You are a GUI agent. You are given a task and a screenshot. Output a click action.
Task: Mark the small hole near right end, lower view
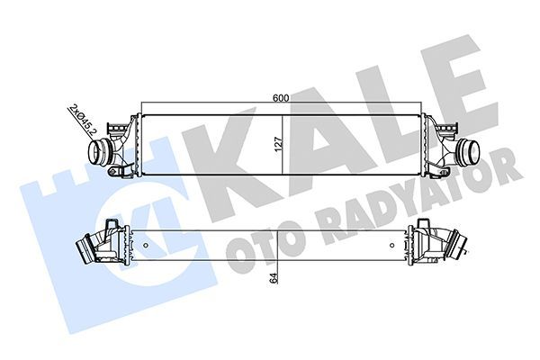click(x=409, y=241)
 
